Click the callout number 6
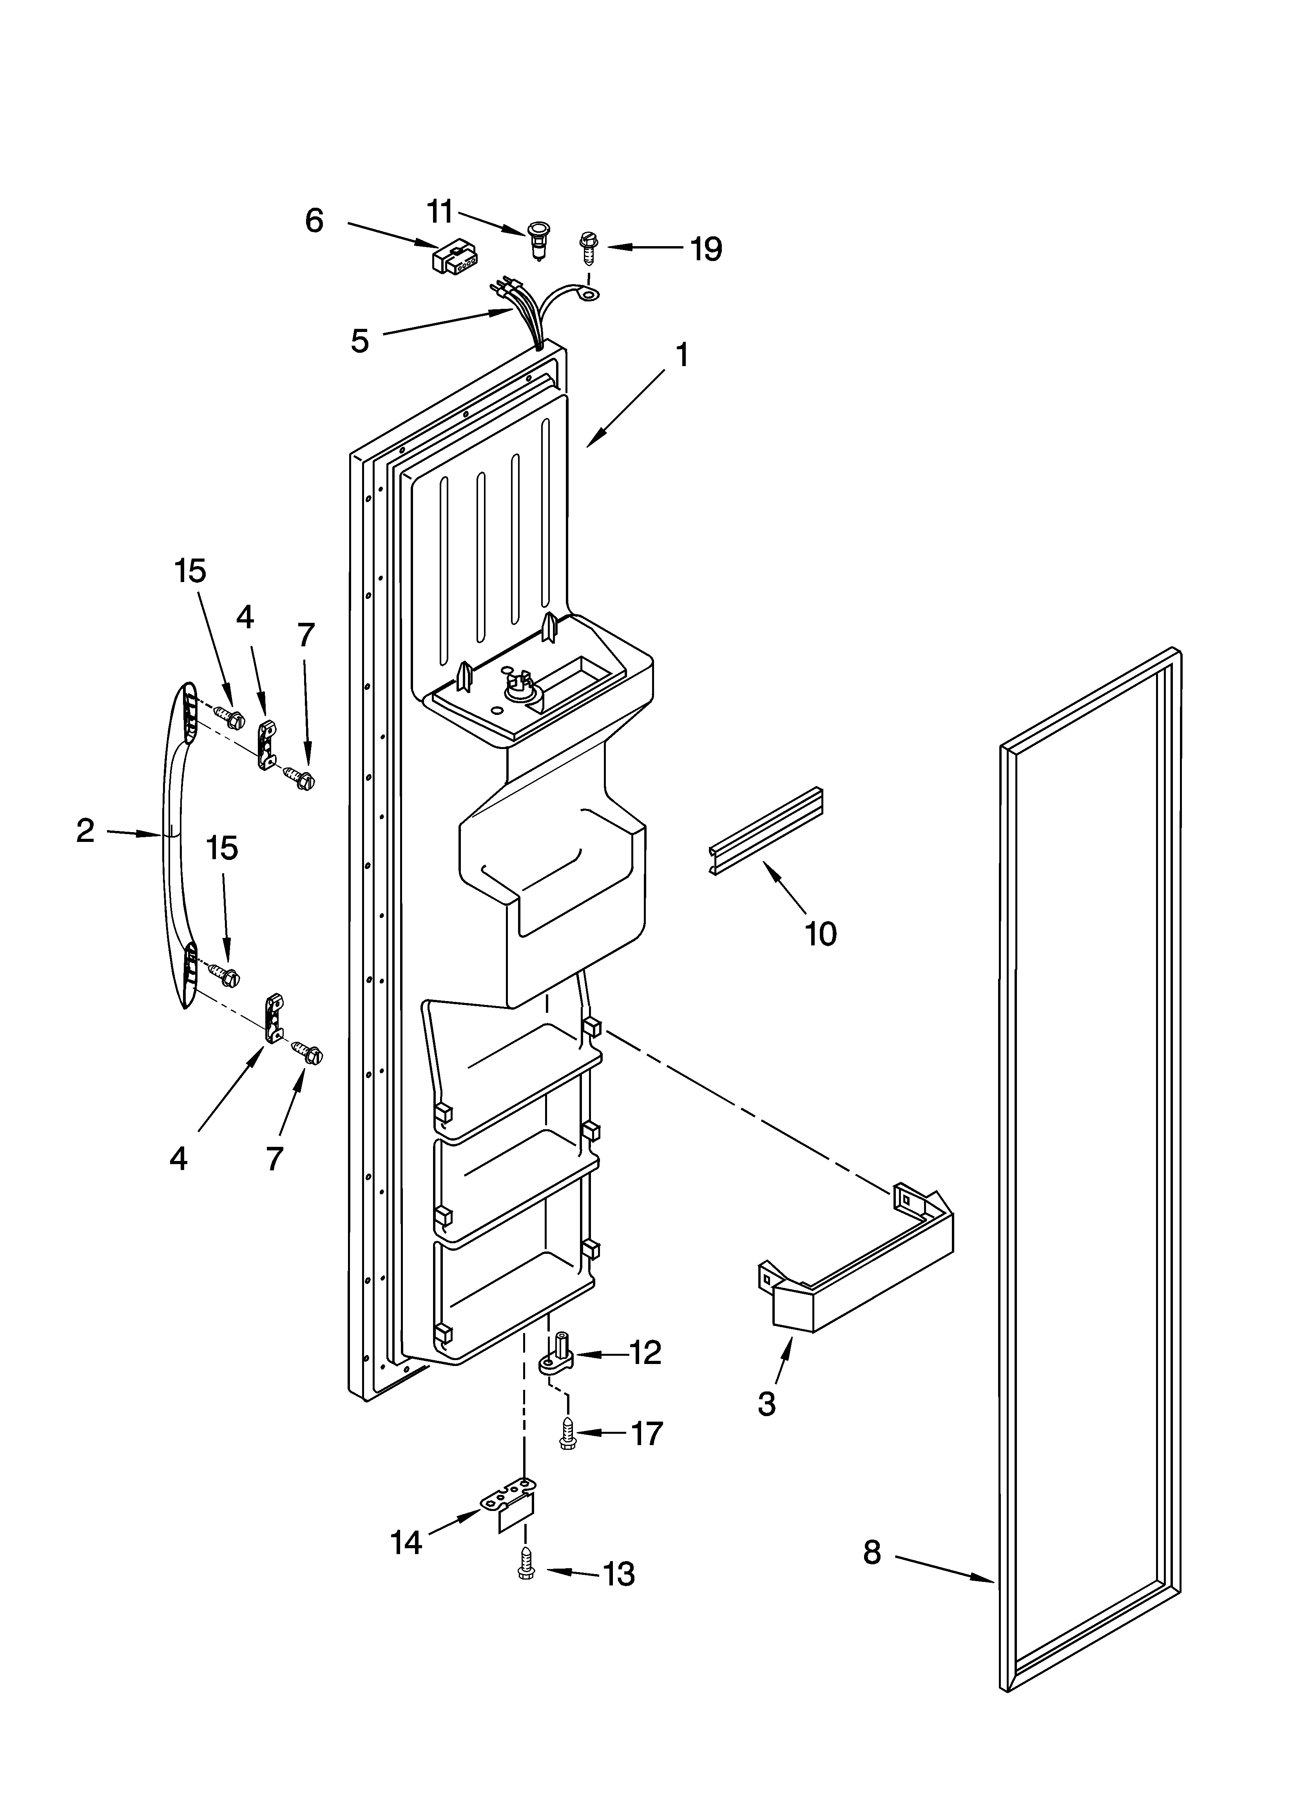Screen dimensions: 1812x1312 [x=314, y=221]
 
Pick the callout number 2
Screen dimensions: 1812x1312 [x=85, y=831]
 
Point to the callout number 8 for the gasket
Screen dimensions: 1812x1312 [x=872, y=1553]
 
